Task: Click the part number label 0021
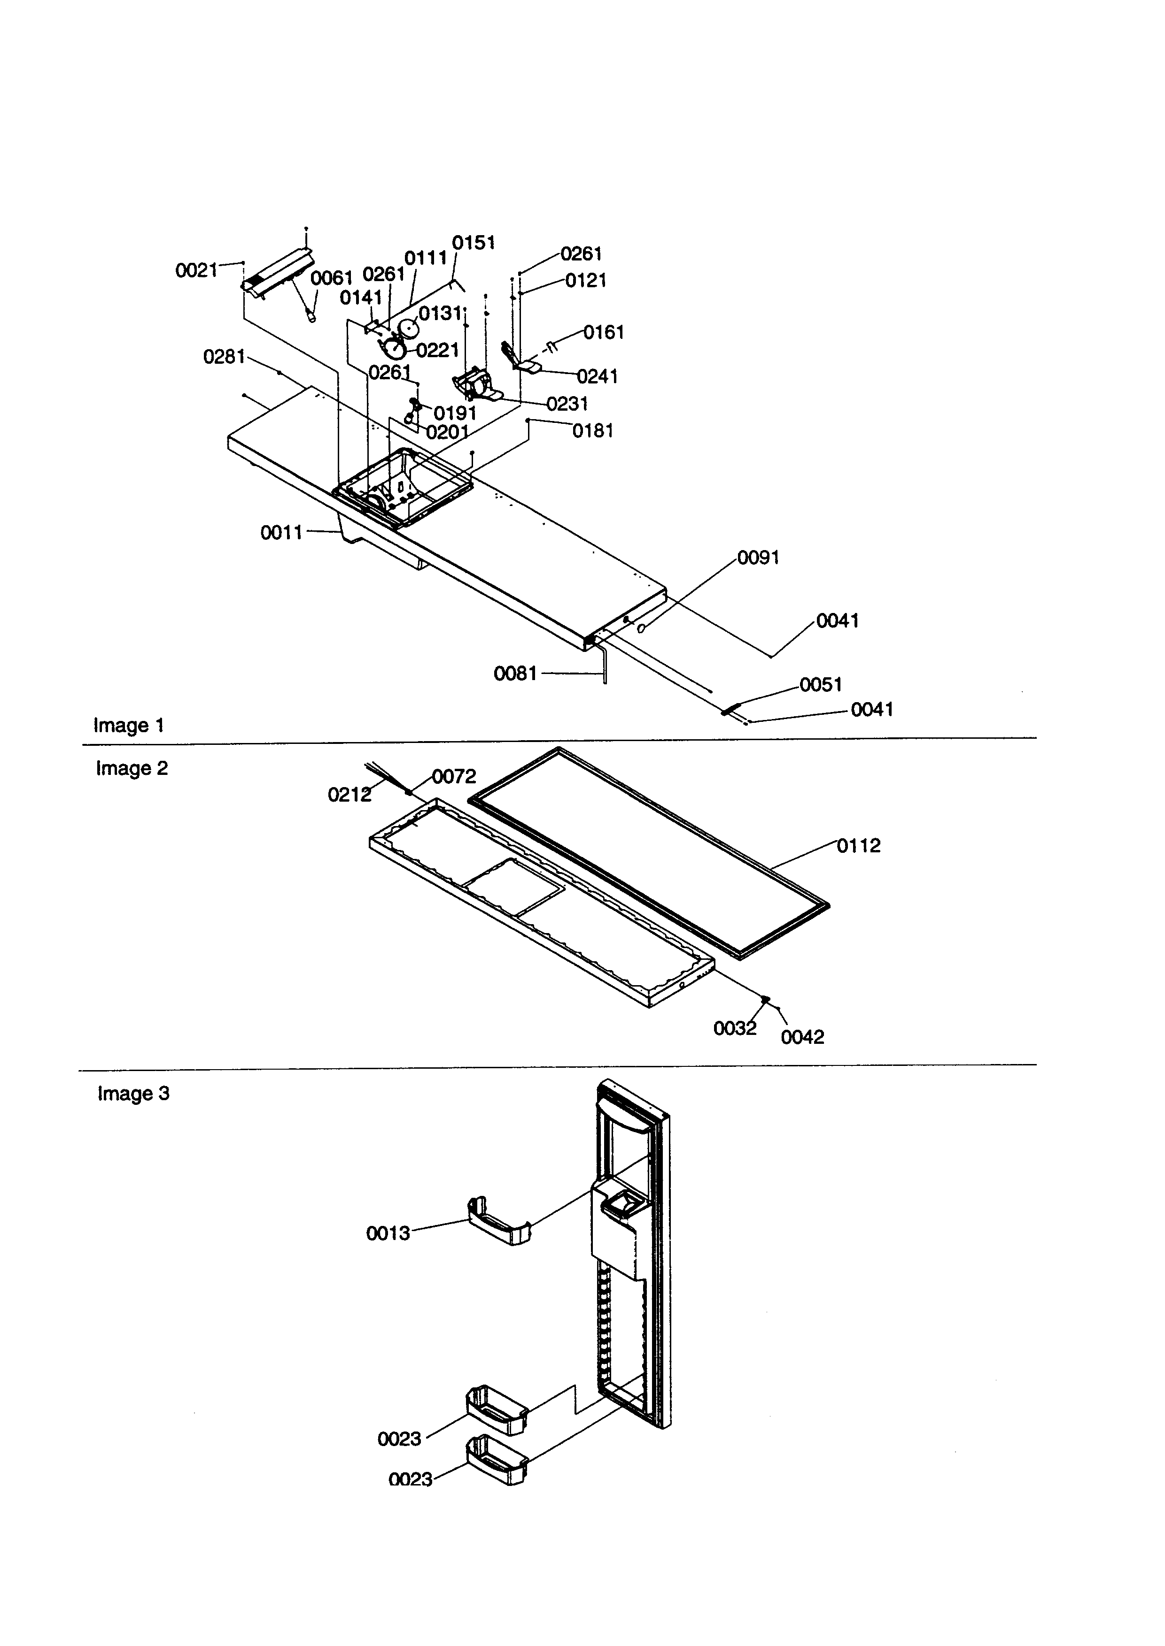(196, 270)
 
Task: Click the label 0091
(758, 557)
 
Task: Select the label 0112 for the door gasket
(859, 845)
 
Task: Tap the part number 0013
(388, 1233)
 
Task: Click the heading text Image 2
(132, 768)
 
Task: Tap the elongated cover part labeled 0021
(279, 269)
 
